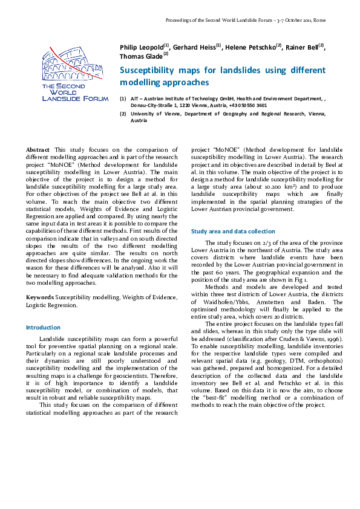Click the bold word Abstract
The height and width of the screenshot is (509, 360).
[38, 149]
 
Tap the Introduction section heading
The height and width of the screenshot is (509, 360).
[42, 327]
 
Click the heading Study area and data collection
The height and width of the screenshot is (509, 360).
[233, 231]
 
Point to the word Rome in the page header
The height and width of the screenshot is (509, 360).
[319, 20]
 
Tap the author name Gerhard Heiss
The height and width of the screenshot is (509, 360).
[194, 48]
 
